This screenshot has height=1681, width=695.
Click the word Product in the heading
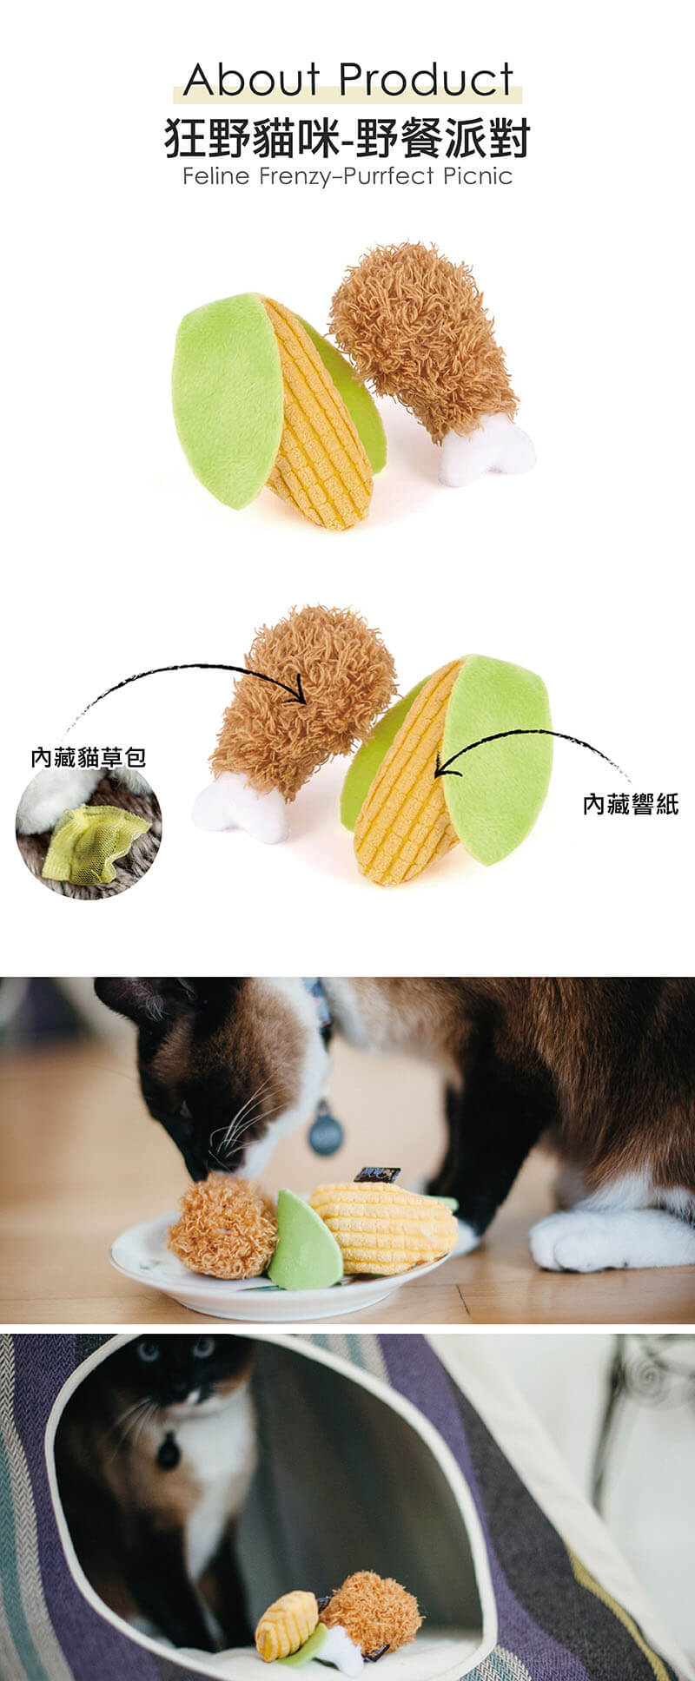425,80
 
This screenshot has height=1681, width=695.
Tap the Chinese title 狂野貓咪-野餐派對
347,138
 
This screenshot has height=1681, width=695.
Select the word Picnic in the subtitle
478,177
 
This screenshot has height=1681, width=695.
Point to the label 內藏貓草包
88,758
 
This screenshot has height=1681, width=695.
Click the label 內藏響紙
631,804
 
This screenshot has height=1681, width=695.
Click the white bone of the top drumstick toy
486,452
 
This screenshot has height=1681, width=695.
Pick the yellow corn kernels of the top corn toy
318,417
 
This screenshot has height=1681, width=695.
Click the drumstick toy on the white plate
223,1226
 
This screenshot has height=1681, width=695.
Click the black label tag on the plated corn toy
377,1175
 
